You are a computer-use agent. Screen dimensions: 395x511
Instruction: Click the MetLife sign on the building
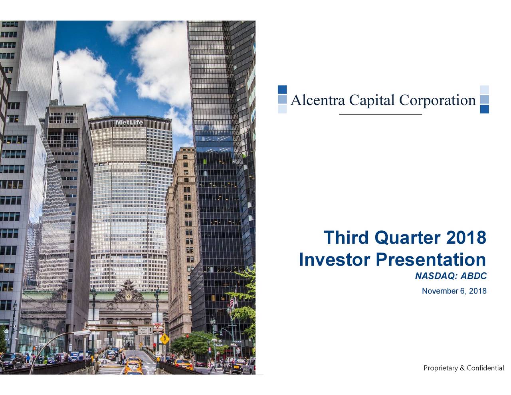(129, 122)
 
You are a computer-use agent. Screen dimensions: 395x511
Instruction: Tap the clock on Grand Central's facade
(129, 297)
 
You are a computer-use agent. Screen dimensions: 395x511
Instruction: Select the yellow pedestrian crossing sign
(164, 339)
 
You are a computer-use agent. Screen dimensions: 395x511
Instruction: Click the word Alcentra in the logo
(317, 100)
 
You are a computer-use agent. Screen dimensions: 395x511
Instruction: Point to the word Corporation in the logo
(438, 100)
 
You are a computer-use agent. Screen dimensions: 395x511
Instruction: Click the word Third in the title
(346, 238)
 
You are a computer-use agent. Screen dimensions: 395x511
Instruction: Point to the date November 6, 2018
(454, 291)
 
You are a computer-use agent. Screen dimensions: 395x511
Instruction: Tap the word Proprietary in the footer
(441, 368)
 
